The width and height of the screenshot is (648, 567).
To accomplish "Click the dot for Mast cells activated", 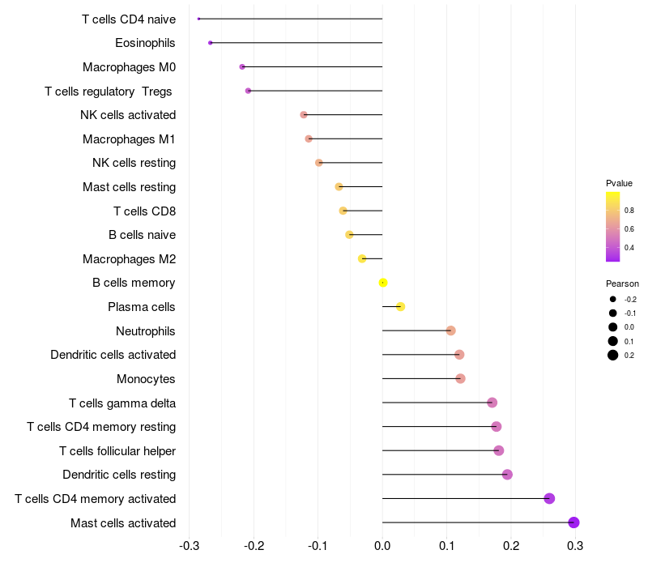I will (574, 522).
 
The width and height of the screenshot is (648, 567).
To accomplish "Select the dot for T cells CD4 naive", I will (198, 19).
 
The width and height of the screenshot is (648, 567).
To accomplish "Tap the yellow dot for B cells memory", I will (383, 283).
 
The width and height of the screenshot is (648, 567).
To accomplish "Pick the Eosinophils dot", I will (211, 43).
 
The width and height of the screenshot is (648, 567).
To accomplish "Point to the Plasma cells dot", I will (400, 306).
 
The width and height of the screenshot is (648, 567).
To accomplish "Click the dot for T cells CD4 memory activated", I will (549, 498).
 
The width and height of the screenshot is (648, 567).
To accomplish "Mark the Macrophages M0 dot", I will (242, 66).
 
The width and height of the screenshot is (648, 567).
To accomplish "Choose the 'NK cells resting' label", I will (134, 163).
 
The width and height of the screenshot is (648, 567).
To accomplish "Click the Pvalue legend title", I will (619, 183).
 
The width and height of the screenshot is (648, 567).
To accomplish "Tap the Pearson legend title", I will (622, 284).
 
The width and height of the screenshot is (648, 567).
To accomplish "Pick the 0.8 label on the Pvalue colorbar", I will (629, 211).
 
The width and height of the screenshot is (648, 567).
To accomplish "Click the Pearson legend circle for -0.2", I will (613, 300).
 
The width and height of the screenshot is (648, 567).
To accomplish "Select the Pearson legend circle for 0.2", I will (613, 355).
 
